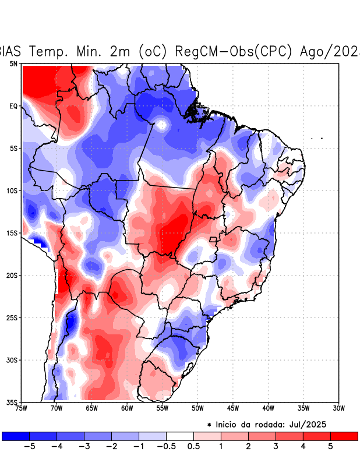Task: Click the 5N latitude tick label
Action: pyautogui.click(x=13, y=63)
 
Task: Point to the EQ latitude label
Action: pyautogui.click(x=13, y=106)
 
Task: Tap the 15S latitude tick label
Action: pyautogui.click(x=12, y=233)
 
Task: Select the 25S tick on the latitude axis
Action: pyautogui.click(x=12, y=317)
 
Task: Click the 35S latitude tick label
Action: pyautogui.click(x=12, y=402)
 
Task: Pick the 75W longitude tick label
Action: pyautogui.click(x=22, y=408)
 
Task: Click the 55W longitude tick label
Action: pyautogui.click(x=162, y=408)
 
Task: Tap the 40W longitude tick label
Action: pyautogui.click(x=268, y=408)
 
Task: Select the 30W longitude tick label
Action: pyautogui.click(x=339, y=408)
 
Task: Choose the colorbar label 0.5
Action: pyautogui.click(x=193, y=446)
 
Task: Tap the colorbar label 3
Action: pyautogui.click(x=276, y=446)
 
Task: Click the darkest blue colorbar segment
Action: pyautogui.click(x=16, y=436)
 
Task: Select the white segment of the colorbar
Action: pyautogui.click(x=180, y=436)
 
